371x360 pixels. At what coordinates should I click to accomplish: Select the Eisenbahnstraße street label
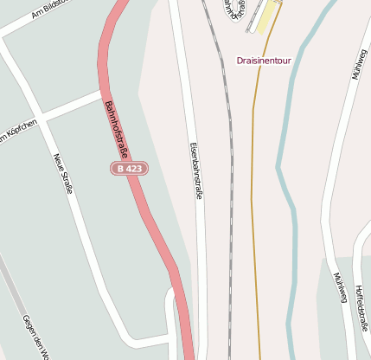pos(195,170)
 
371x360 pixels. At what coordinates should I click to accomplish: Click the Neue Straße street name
pos(63,173)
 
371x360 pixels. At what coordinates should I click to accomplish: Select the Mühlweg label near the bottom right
pos(339,289)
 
